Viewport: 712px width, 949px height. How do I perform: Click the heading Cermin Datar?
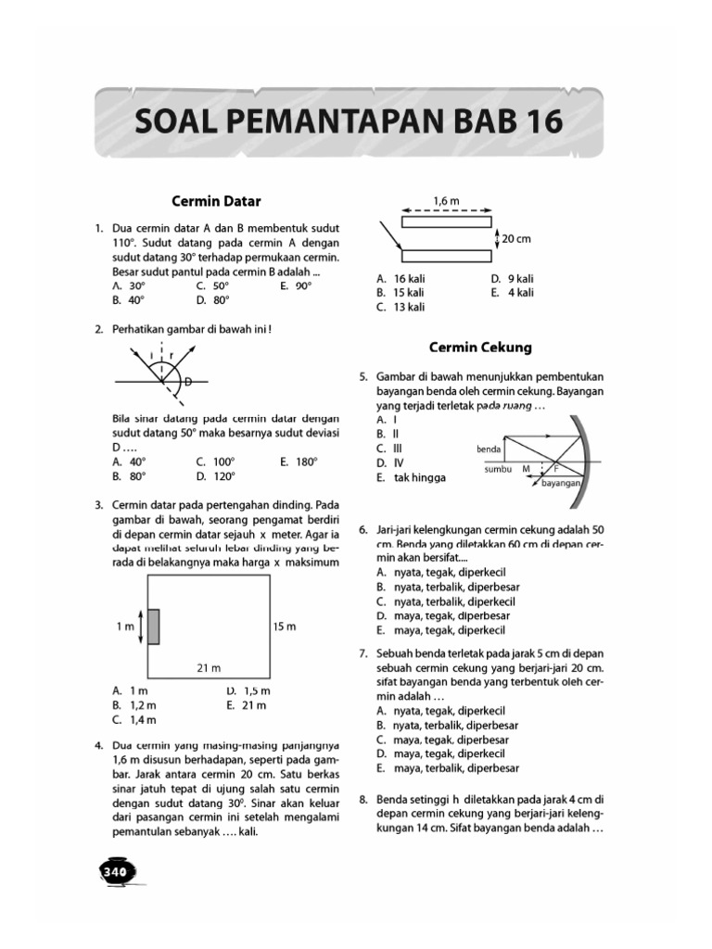217,199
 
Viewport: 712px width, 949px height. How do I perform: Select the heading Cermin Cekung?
479,348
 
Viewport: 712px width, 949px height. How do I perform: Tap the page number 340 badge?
116,871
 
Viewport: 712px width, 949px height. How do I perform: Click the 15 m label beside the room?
284,627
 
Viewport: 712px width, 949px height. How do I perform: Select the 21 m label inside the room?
209,667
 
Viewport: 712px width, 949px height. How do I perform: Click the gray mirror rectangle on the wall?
153,626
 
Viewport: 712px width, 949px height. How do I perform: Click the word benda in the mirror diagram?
488,449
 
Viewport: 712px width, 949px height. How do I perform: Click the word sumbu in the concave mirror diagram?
498,469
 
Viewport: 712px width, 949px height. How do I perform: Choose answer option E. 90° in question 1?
296,286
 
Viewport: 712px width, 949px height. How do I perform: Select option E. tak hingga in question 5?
411,477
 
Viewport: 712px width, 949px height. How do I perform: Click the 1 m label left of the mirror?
125,627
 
